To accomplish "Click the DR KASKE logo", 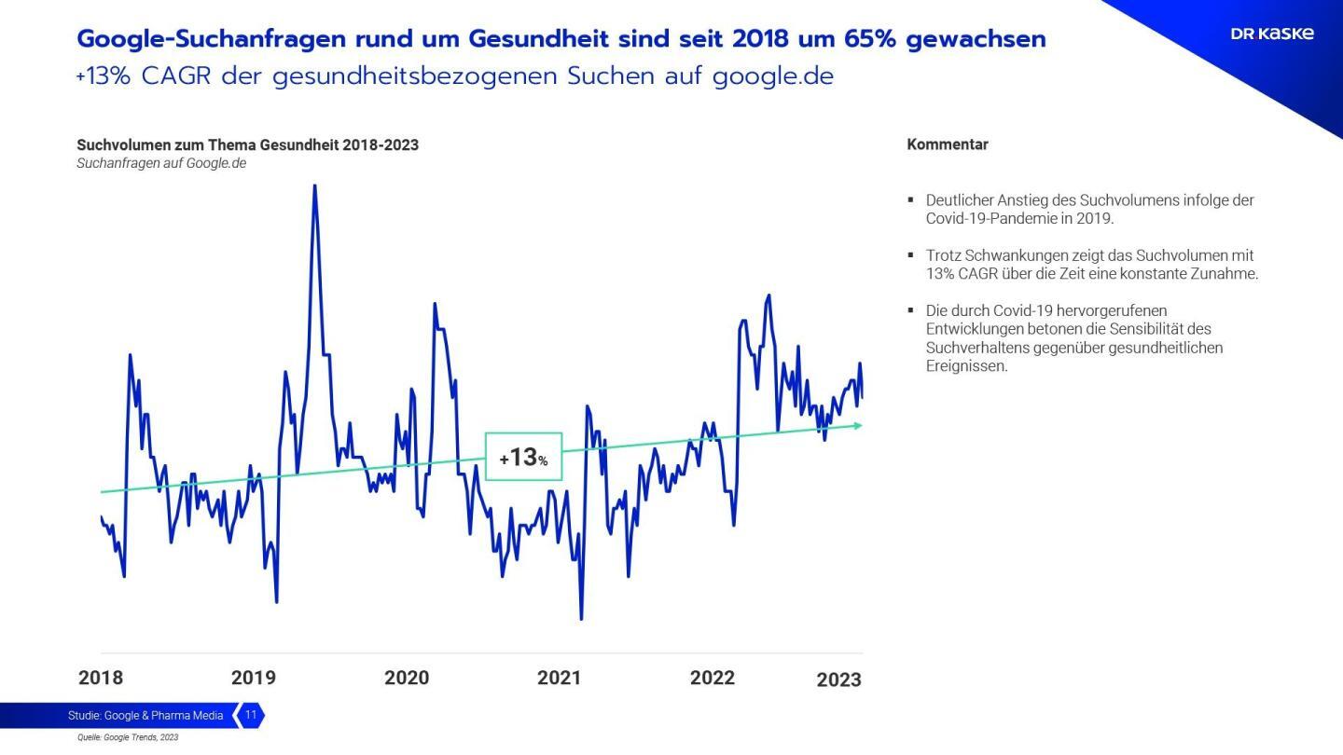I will (x=1272, y=34).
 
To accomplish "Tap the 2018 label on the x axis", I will (x=101, y=678).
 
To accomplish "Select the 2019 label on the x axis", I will (x=254, y=678).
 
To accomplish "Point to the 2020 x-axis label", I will (x=407, y=678).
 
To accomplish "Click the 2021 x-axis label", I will (x=559, y=678).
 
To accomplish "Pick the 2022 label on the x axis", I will (x=713, y=678).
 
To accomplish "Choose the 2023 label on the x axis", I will (x=838, y=679).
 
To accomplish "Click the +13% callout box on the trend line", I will (x=523, y=457).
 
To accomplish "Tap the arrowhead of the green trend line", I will (x=858, y=426).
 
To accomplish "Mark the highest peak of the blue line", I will (x=314, y=186).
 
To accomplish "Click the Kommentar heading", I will (x=947, y=144).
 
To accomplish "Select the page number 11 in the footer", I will (x=251, y=716).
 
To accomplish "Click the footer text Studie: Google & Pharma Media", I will (x=145, y=716).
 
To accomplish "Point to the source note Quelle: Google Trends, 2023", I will (x=128, y=737).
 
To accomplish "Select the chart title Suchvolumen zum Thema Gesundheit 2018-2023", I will (x=247, y=144).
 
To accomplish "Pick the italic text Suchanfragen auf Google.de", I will (x=161, y=163).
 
